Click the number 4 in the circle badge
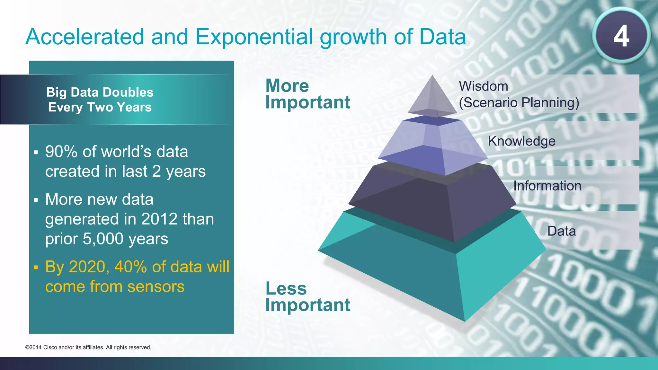pos(621,36)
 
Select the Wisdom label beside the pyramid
pos(483,86)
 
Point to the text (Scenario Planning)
pos(519,103)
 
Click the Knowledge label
pos(521,141)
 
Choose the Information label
pos(547,186)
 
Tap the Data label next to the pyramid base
pos(561,231)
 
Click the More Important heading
pos(307,94)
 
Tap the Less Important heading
pos(307,296)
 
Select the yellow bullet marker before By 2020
pos(36,267)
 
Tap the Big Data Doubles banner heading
pos(100,100)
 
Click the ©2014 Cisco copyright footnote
pos(88,348)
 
